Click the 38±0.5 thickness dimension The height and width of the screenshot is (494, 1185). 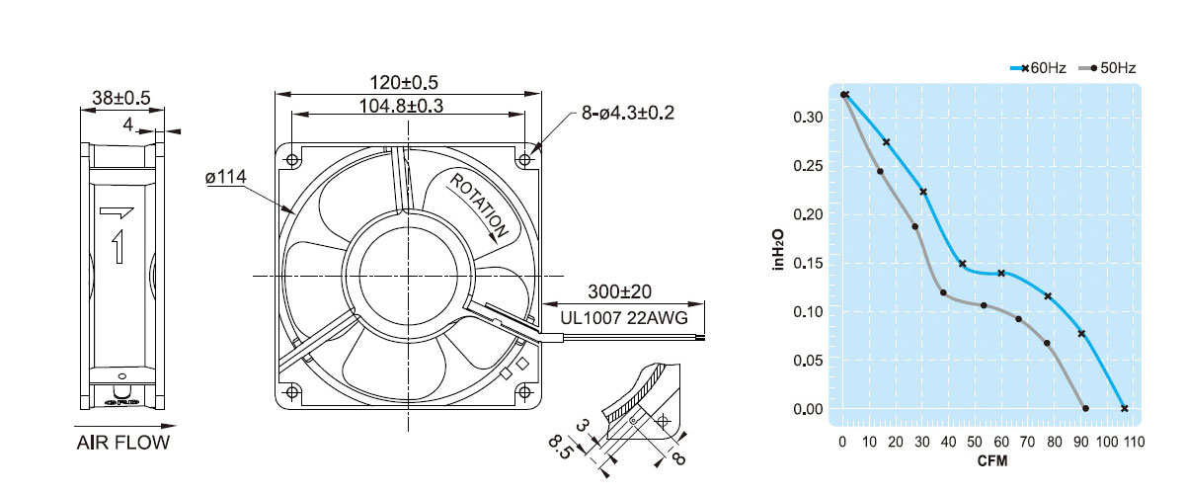tap(121, 98)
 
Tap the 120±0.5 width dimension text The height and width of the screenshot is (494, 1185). tap(404, 83)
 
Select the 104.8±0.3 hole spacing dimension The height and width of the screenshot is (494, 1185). tap(401, 106)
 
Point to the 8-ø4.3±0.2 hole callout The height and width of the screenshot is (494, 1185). tap(628, 113)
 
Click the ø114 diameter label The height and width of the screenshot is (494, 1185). tap(226, 176)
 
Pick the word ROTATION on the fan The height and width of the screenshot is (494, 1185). tap(479, 206)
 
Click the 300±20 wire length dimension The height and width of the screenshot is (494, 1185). tap(619, 291)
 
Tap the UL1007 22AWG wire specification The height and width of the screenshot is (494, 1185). tap(624, 318)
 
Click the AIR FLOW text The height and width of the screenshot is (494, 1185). tap(123, 443)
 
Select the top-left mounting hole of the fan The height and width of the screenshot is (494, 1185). tap(292, 159)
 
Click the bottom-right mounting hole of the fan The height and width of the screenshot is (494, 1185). tap(524, 392)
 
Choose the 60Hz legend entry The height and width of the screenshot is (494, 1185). tap(1038, 68)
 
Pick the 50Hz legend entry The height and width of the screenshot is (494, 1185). tap(1107, 68)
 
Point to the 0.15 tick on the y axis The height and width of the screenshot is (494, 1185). tap(808, 263)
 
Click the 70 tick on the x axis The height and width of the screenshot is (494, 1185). tap(1027, 442)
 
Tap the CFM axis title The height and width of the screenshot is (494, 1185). tap(992, 461)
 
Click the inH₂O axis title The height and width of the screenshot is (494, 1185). tap(778, 250)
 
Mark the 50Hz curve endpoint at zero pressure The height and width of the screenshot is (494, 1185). tap(1085, 408)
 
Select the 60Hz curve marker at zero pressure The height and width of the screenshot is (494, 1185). tap(1124, 408)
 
